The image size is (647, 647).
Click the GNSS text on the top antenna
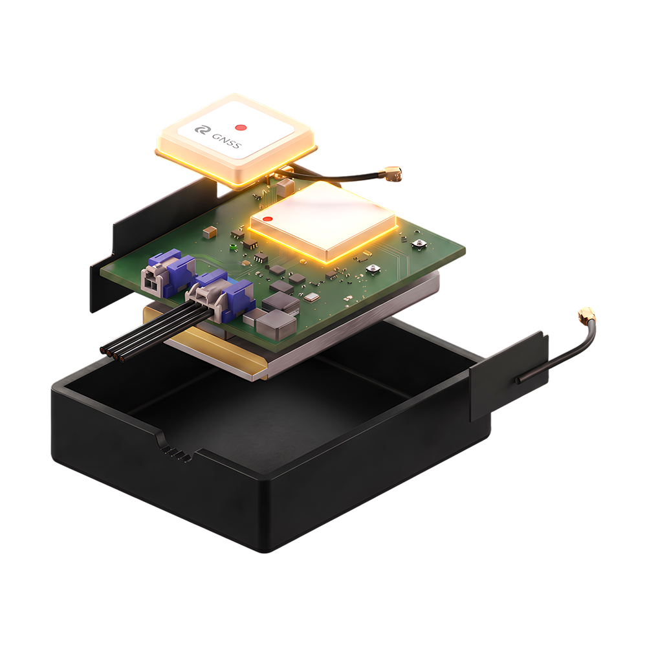pyautogui.click(x=226, y=140)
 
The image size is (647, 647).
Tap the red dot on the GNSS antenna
pyautogui.click(x=241, y=127)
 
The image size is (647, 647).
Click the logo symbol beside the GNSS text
pyautogui.click(x=202, y=131)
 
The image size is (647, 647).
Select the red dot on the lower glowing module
pyautogui.click(x=267, y=219)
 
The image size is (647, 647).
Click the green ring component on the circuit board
pyautogui.click(x=233, y=247)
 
